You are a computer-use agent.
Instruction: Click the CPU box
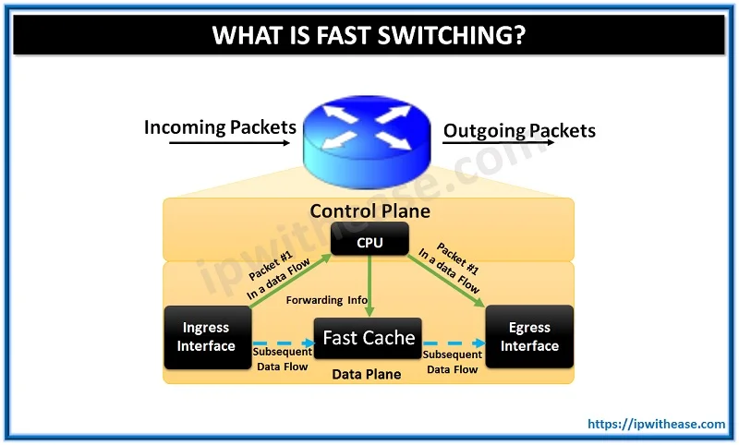click(x=369, y=242)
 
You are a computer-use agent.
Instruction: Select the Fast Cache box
click(x=369, y=339)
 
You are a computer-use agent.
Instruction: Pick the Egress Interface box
click(x=529, y=337)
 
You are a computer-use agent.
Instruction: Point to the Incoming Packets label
click(x=220, y=127)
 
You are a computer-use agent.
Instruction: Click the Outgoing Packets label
click(x=519, y=130)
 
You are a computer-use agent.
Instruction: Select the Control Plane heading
click(x=369, y=211)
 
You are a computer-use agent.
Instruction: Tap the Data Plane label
click(x=367, y=375)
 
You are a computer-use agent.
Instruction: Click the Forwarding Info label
click(x=324, y=300)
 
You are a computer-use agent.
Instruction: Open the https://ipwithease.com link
click(x=657, y=424)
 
